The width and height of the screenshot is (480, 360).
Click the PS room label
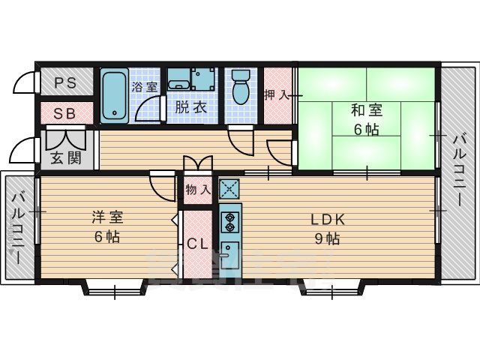point(65,83)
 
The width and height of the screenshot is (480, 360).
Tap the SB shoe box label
point(65,113)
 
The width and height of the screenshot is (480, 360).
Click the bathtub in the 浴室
point(115,95)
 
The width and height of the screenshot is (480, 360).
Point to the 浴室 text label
point(145,86)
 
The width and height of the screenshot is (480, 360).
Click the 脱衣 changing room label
point(190,107)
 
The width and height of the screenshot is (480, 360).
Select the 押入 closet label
point(277,95)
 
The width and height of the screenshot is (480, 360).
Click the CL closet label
point(198,244)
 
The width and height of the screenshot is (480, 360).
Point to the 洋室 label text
point(107,217)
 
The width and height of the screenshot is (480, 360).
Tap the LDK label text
point(328,220)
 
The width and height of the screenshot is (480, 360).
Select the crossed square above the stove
point(229,188)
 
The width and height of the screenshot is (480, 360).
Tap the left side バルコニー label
point(20,226)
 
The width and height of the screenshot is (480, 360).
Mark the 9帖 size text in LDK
point(328,240)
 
